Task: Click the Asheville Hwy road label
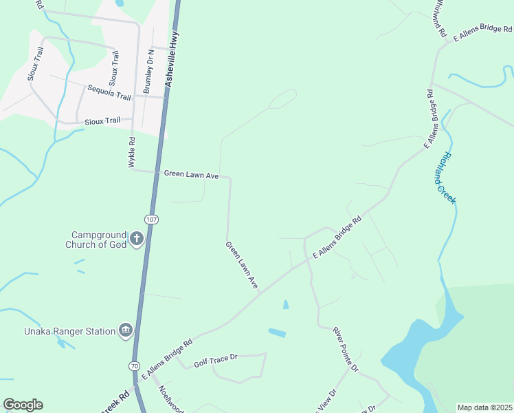(172, 60)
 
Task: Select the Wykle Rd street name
(131, 153)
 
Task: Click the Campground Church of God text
(96, 240)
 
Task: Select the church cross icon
(137, 240)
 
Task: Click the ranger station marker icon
(125, 331)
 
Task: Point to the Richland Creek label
(445, 177)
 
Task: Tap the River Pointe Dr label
(346, 350)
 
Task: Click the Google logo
(23, 405)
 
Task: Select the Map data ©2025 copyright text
(484, 407)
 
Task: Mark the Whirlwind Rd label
(440, 19)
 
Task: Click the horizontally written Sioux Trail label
(102, 120)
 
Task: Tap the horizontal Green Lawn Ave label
(191, 176)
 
